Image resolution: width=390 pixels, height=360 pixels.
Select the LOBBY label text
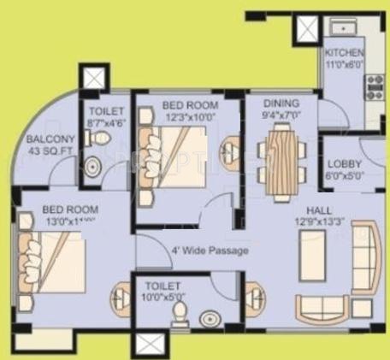click(x=344, y=163)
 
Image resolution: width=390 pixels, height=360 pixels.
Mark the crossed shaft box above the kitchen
click(x=305, y=32)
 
